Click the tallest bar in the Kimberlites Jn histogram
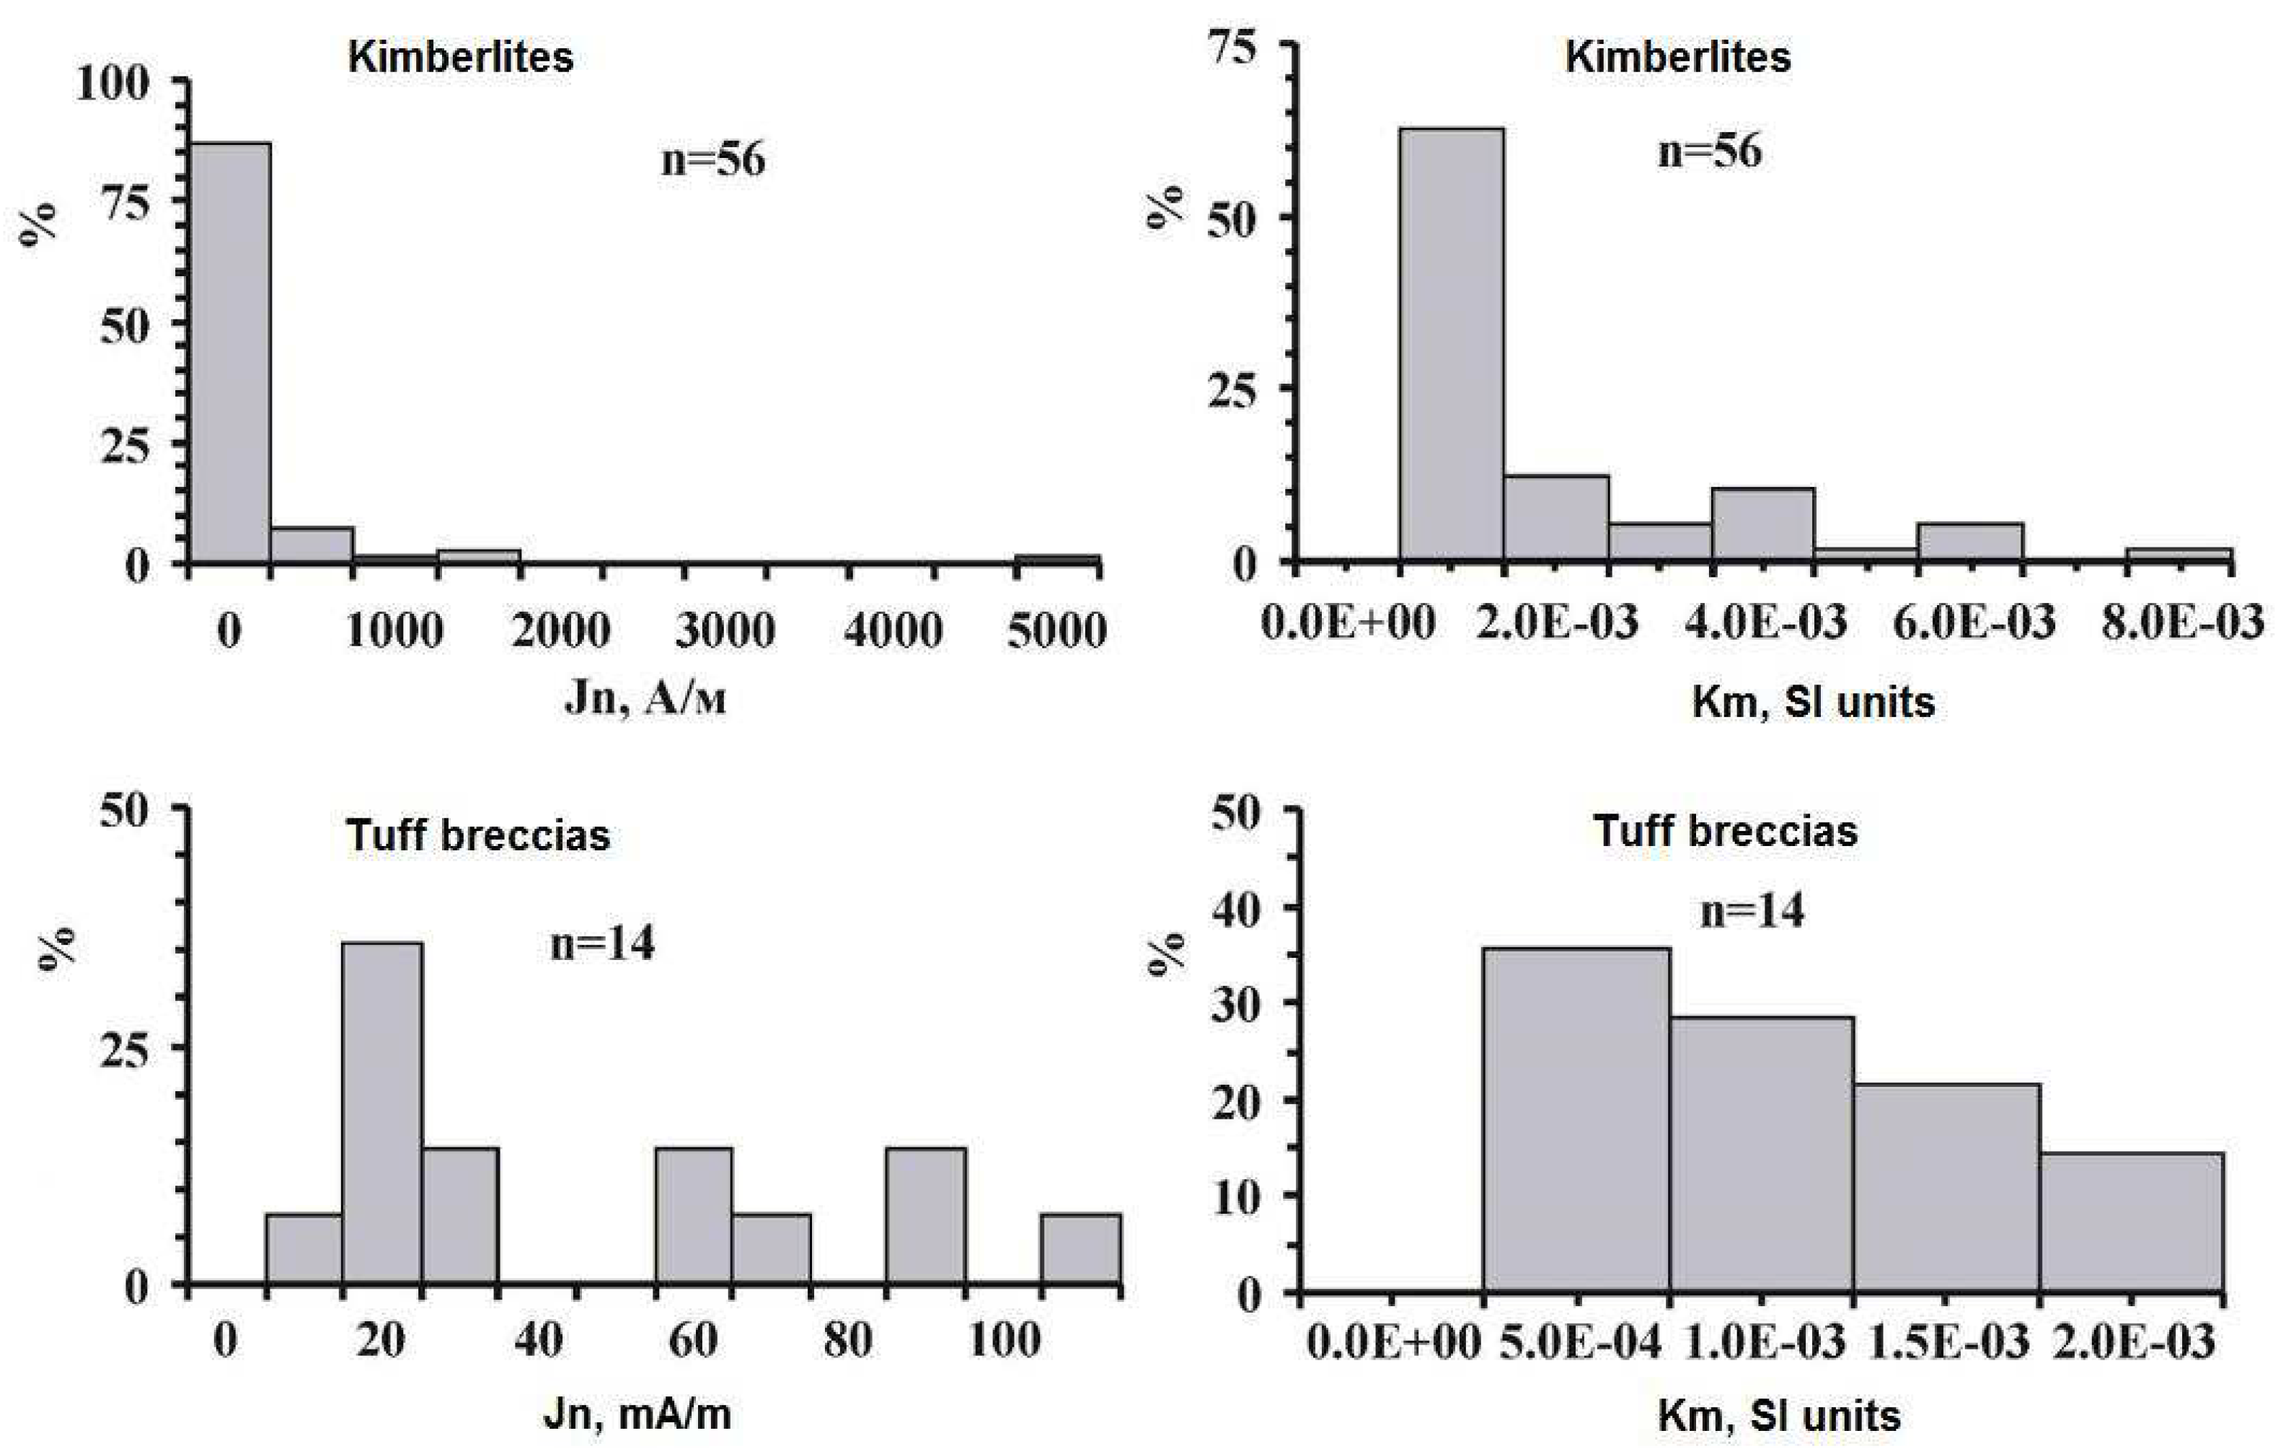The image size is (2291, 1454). pos(230,352)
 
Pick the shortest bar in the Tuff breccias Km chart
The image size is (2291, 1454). pos(2131,1222)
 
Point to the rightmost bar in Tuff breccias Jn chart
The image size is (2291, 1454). pos(1080,1248)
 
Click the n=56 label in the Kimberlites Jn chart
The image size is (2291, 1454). pos(712,159)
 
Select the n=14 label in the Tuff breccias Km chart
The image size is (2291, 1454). pos(1752,911)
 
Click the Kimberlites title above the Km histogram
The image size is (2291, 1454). pos(1677,57)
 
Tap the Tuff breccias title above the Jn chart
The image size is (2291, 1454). pos(477,835)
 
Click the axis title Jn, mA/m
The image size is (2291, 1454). pos(637,1414)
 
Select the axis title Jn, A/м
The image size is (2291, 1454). pos(645,700)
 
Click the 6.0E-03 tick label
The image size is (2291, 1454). pos(1973,623)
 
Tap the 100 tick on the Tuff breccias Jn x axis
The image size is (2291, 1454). pos(1004,1341)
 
